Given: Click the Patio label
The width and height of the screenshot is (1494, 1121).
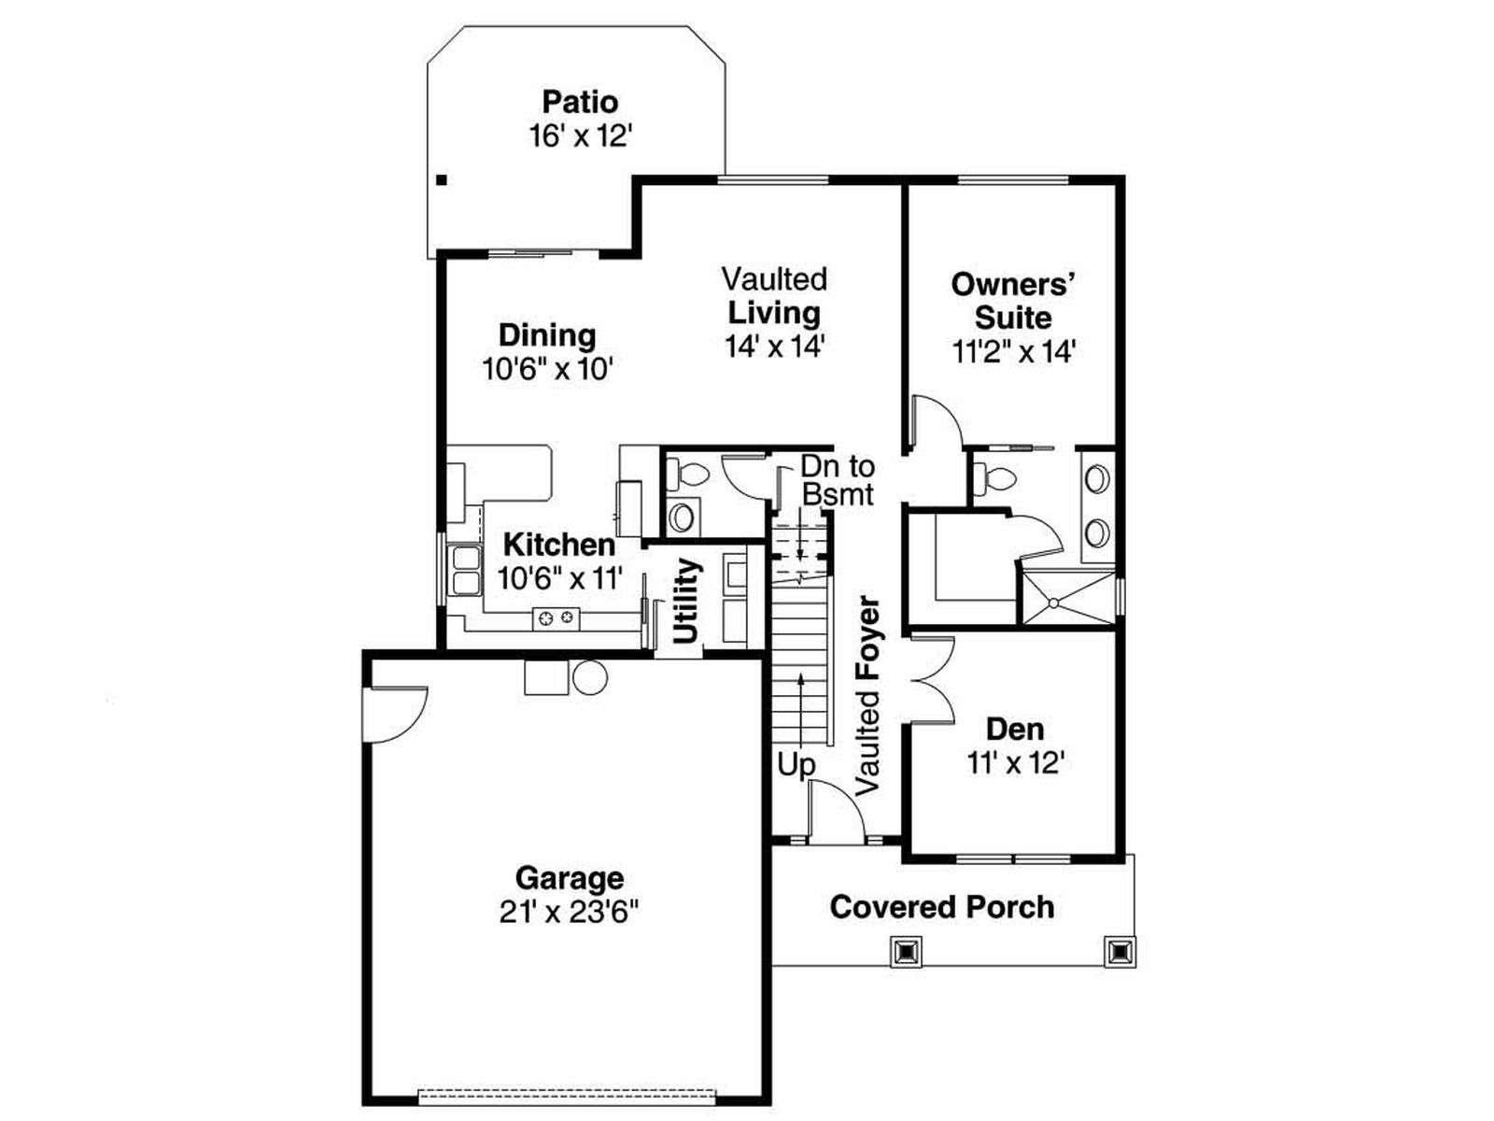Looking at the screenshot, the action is pos(580,102).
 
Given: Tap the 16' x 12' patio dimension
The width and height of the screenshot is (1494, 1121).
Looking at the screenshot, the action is pos(582,136).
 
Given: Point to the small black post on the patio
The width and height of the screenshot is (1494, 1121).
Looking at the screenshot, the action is pos(442,180).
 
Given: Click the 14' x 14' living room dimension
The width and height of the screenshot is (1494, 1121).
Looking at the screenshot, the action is pos(775,347).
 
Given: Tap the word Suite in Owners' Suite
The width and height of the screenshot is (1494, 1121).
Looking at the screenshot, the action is pos(1013,318).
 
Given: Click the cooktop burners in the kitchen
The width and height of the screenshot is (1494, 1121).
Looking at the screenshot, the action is pos(557,618).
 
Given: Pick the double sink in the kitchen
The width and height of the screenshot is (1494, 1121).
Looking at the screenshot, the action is pos(466,569).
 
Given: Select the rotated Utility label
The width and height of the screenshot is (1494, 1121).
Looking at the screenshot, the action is pos(686,601).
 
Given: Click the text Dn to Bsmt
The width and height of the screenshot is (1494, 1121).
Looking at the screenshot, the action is pos(838,480).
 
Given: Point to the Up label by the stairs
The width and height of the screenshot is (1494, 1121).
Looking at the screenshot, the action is pos(796,765).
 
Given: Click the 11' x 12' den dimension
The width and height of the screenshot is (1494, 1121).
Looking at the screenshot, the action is pos(1016,763).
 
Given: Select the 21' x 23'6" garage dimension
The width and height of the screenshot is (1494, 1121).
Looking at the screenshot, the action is pos(570,912).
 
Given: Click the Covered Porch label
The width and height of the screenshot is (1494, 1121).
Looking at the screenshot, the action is pos(942,907).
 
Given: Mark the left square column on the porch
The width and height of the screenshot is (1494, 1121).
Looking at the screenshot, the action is pos(907,951).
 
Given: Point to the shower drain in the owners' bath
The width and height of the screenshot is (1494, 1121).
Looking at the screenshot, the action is pos(1053,603).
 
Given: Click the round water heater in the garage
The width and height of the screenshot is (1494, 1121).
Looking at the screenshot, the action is pos(589,677).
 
